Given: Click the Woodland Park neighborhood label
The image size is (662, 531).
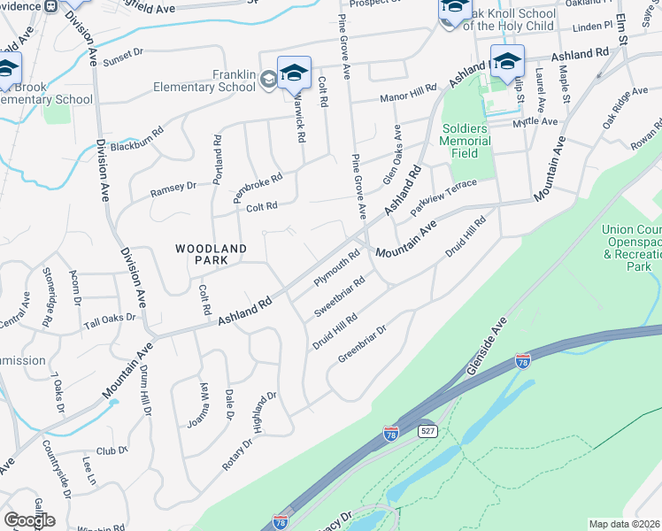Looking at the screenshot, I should click(x=211, y=254).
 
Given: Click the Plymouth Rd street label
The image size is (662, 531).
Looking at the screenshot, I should click(x=337, y=269).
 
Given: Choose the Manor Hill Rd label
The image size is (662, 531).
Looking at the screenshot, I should click(x=409, y=93).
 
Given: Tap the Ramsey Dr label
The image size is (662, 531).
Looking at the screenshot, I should click(x=172, y=187).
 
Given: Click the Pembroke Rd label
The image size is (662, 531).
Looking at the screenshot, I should click(x=257, y=188).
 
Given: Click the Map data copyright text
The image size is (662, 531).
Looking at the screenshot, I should click(x=625, y=524).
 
